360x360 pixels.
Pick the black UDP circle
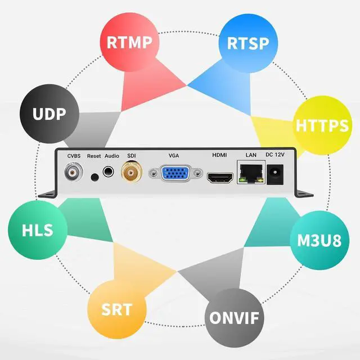click(49, 114)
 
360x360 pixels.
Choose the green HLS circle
click(38, 230)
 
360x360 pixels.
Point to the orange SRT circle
click(116, 309)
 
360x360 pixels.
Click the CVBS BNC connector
click(73, 172)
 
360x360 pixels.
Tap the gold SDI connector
click(132, 172)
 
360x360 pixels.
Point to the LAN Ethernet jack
click(251, 172)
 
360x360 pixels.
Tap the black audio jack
click(109, 173)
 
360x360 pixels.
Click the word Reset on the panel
click(93, 155)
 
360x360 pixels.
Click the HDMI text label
click(219, 155)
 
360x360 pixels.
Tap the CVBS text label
click(74, 155)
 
